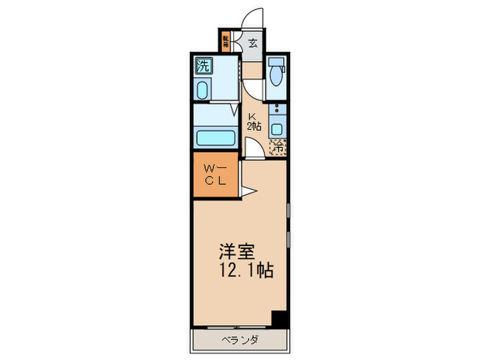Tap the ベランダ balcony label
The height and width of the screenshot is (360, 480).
(239, 340)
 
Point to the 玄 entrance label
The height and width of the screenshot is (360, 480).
(252, 44)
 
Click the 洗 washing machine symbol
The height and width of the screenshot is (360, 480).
(203, 67)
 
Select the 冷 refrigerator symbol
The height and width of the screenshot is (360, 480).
(278, 146)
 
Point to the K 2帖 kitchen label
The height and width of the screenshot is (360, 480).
(254, 121)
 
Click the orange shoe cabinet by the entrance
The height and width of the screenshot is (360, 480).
(226, 40)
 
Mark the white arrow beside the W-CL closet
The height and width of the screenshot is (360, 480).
(247, 190)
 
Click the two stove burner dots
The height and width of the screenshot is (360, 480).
(276, 109)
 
